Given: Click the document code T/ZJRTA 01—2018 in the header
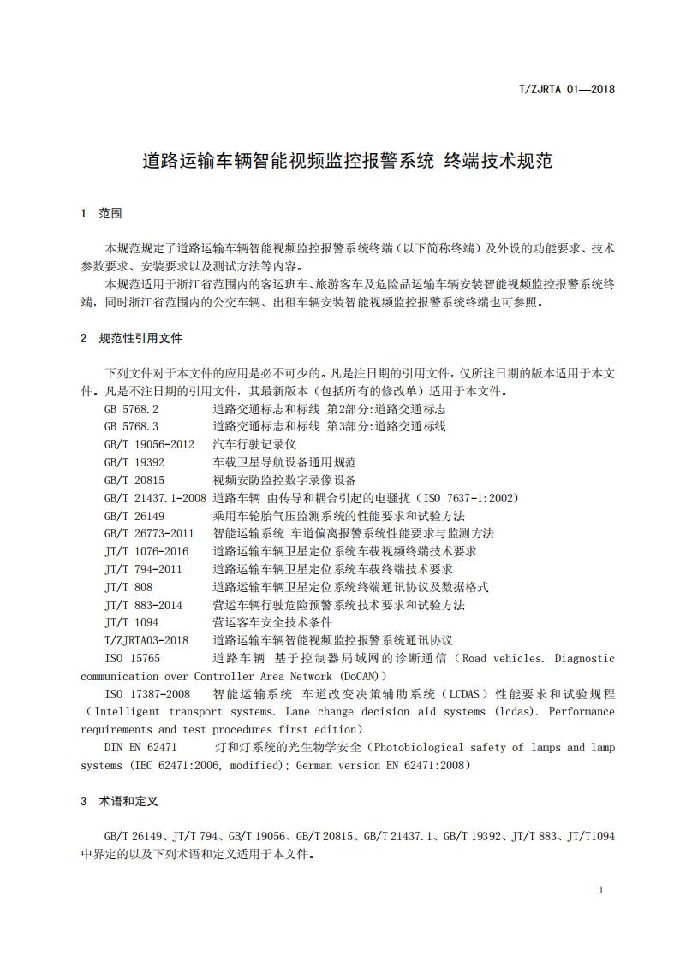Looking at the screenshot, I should pyautogui.click(x=569, y=89).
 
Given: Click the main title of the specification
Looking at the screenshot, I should pyautogui.click(x=347, y=160).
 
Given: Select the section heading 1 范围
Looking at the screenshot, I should pyautogui.click(x=101, y=213).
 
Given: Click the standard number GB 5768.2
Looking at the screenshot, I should pyautogui.click(x=131, y=409).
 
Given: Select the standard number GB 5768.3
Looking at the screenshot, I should pyautogui.click(x=131, y=426).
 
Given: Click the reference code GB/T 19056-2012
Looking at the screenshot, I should pyautogui.click(x=149, y=444).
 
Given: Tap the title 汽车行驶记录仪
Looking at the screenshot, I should pyautogui.click(x=254, y=444).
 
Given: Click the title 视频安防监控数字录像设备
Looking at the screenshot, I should pyautogui.click(x=284, y=480).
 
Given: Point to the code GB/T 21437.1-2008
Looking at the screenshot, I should pyautogui.click(x=155, y=498).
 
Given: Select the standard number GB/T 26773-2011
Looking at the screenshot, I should pyautogui.click(x=149, y=533).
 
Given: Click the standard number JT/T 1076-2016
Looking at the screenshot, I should pyautogui.click(x=146, y=551).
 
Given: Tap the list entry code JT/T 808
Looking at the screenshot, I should pyautogui.click(x=128, y=587).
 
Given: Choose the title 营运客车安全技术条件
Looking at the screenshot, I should pyautogui.click(x=272, y=622).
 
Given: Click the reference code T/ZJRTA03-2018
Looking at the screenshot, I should pyautogui.click(x=146, y=640).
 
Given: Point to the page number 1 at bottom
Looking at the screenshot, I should pyautogui.click(x=601, y=890).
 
